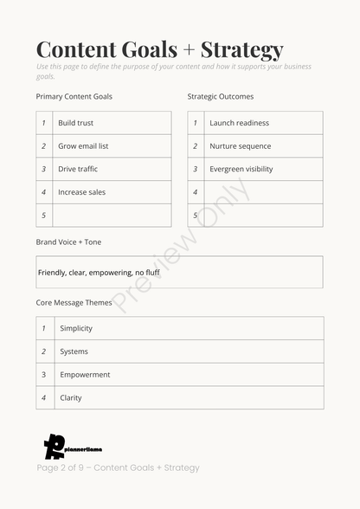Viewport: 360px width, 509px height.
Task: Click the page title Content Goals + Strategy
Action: point(159,49)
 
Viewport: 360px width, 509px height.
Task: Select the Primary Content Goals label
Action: point(74,96)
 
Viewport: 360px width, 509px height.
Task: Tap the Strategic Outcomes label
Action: point(221,96)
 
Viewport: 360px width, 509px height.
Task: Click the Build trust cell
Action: point(76,123)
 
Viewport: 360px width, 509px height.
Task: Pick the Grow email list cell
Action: point(83,146)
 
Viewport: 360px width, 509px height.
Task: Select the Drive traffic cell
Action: point(78,169)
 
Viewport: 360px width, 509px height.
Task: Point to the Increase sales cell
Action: point(81,192)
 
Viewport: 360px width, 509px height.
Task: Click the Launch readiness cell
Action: point(239,123)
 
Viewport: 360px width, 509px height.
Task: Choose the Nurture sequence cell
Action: point(240,146)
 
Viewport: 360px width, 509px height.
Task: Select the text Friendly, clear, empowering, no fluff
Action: point(99,273)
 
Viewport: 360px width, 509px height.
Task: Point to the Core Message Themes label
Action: point(74,303)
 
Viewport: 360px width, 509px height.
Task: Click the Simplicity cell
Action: point(76,328)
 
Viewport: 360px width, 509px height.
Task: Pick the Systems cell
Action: point(74,351)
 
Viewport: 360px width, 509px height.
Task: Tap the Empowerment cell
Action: point(85,375)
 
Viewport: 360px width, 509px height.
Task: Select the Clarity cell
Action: point(71,398)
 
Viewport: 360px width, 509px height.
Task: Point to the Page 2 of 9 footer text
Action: point(118,467)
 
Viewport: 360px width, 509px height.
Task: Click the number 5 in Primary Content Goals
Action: point(43,216)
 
